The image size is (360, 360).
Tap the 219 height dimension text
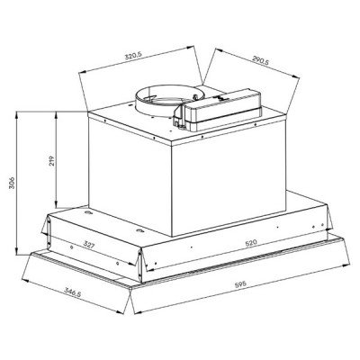tap(54, 163)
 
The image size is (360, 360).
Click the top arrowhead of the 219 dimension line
tap(54, 118)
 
